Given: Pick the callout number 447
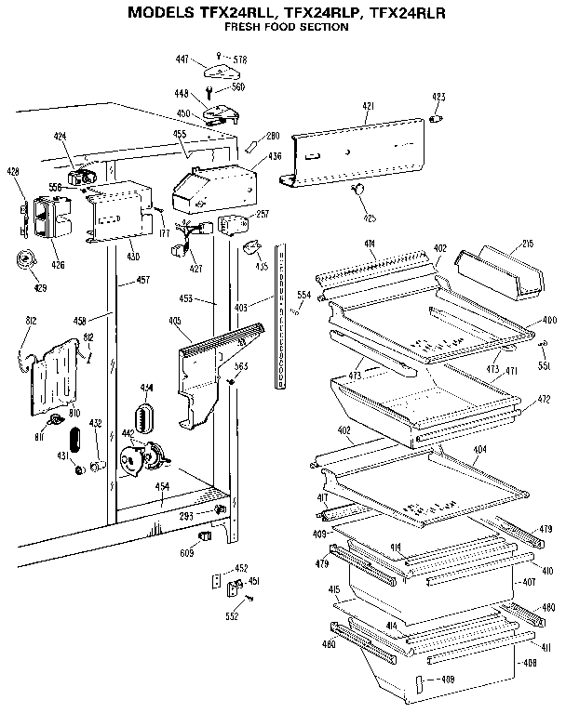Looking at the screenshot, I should click(182, 59).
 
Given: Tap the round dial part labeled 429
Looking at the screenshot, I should click(24, 262).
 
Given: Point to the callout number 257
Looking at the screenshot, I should click(263, 214).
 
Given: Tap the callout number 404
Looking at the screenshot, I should click(479, 449).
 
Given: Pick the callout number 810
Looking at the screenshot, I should click(73, 411).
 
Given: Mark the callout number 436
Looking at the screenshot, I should click(275, 156).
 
